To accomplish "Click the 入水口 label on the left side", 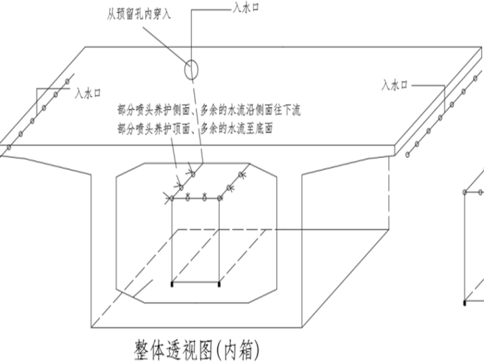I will click(x=89, y=93).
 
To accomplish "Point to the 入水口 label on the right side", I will click(x=394, y=84).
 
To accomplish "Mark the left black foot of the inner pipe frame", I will click(x=172, y=283).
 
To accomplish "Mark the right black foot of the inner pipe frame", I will click(x=218, y=283).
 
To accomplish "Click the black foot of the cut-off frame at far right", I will click(x=466, y=302).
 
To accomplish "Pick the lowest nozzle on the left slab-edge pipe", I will click(x=9, y=148).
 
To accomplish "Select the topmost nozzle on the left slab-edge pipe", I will click(x=67, y=81).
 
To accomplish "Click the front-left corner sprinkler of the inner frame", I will click(x=172, y=199).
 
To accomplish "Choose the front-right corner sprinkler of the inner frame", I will click(x=220, y=199).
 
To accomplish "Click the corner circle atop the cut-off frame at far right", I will click(x=466, y=191).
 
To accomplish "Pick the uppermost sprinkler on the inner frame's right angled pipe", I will click(x=241, y=174).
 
